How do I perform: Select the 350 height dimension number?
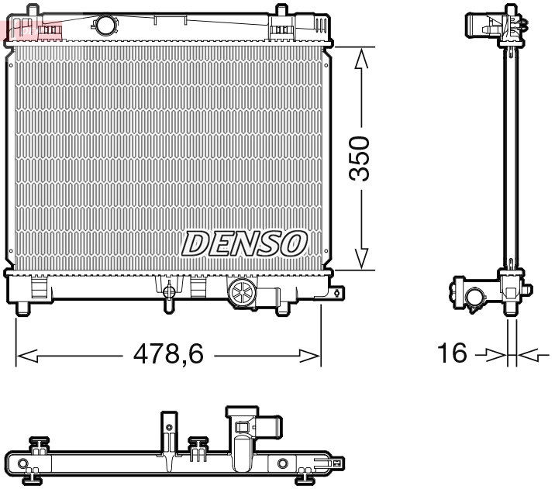click(x=360, y=159)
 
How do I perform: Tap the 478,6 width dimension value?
click(x=168, y=355)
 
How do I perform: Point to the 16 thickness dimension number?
click(x=453, y=354)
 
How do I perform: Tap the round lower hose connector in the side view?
click(x=472, y=296)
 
